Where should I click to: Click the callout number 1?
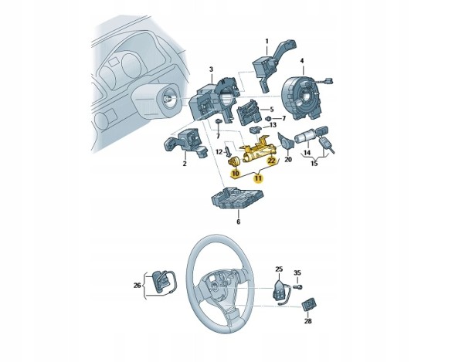pos(267,41)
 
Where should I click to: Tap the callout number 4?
pos(302,61)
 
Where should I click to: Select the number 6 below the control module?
pos(239,222)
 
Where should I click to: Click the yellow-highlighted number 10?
pos(235,174)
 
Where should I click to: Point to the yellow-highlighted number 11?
pos(258,178)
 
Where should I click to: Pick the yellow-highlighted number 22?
pos(271,161)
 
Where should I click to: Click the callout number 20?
pos(288,160)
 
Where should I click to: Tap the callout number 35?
pos(297,272)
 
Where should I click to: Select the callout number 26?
pos(138,286)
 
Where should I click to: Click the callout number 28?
pos(308,321)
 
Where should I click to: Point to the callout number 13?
pos(273,125)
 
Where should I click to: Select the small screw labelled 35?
pos(298,287)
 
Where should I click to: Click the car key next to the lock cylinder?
pos(325,145)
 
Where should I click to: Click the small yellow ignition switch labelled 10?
pos(233,161)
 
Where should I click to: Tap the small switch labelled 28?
pos(309,306)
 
